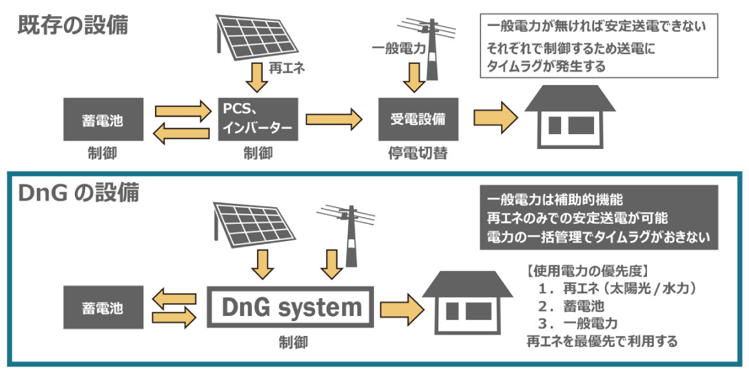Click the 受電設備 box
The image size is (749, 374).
click(x=418, y=119)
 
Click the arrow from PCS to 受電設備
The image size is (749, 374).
click(x=334, y=119)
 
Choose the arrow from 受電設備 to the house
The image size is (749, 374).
click(x=496, y=119)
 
